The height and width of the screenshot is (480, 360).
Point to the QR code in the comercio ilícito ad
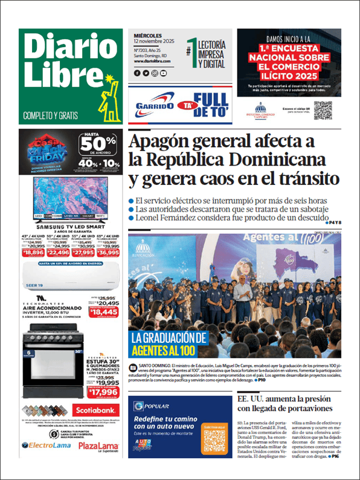323,110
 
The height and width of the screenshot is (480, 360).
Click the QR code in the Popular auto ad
214,442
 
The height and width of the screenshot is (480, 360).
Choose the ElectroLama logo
45,446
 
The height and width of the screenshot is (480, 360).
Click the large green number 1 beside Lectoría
192,51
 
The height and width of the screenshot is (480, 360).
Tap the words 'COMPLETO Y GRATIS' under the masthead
54,115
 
